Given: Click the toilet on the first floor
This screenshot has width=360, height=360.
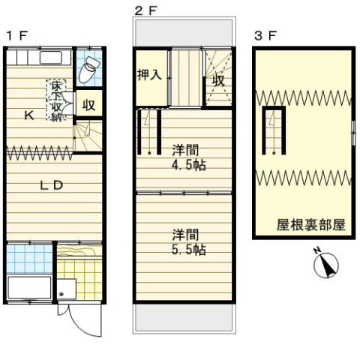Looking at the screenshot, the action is (88, 70).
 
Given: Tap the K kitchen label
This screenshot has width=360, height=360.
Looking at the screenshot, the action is (29, 115).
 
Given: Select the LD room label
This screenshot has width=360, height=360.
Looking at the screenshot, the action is (52, 185).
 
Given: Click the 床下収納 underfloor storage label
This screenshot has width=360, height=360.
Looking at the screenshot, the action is (56, 100).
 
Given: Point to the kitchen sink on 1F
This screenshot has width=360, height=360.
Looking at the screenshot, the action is (50, 58).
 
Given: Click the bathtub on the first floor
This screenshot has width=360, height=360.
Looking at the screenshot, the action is (29, 287).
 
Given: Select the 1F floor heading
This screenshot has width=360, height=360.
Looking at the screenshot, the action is (16, 36).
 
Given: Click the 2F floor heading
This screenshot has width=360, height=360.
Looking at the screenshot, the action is (145, 11).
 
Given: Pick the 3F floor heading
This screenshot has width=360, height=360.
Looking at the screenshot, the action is (265, 36).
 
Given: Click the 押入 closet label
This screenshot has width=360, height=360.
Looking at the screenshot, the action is (149, 74).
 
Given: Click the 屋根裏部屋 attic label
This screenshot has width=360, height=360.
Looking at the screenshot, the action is (310, 225).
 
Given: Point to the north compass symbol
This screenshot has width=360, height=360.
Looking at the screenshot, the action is (326, 263).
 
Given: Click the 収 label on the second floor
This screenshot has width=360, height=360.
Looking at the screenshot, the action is (218, 80).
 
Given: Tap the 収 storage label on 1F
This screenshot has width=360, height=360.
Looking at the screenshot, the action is (89, 105).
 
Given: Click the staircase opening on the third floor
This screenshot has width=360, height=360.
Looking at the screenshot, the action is (274, 130).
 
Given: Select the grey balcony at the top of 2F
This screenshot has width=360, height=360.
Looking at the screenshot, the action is (184, 32).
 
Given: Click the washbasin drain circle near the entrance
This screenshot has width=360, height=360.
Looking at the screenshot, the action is (61, 294).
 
